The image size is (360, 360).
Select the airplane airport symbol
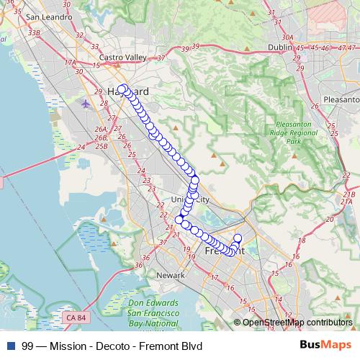[x=87, y=103]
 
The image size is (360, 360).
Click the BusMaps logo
[x=325, y=345]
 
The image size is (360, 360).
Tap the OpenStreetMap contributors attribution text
[x=297, y=322]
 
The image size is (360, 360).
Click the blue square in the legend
[x=9, y=346]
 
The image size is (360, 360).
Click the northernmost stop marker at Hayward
[x=123, y=89]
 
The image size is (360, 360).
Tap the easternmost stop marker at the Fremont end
[x=238, y=238]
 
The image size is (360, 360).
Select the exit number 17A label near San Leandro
[x=70, y=63]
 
